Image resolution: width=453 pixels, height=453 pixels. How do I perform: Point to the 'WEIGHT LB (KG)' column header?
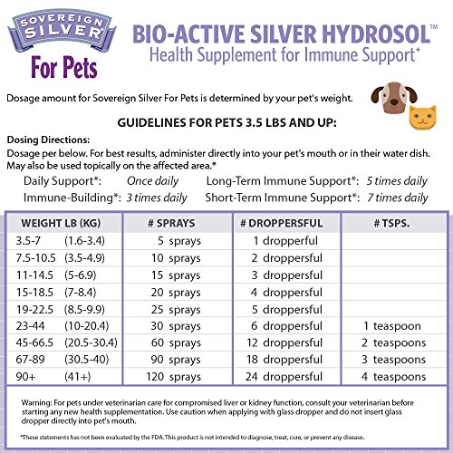pos(57,223)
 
